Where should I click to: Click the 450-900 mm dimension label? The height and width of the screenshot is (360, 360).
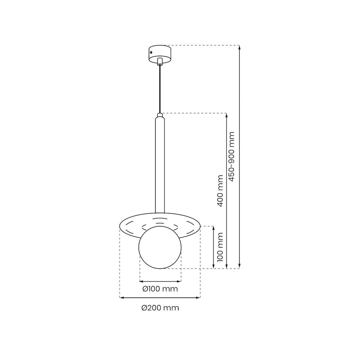pyautogui.click(x=232, y=157)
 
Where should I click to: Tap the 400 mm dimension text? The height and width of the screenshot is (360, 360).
pyautogui.click(x=220, y=191)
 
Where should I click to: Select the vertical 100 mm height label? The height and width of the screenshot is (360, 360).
pyautogui.click(x=220, y=247)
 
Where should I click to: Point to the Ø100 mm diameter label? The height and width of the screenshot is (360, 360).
pyautogui.click(x=160, y=289)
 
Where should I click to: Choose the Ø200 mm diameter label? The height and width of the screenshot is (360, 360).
pyautogui.click(x=160, y=308)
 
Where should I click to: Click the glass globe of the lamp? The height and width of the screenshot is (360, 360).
pyautogui.click(x=160, y=247)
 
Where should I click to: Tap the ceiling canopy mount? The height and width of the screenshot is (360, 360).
pyautogui.click(x=160, y=54)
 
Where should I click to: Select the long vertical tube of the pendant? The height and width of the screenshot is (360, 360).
pyautogui.click(x=160, y=165)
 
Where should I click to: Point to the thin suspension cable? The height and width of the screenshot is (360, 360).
pyautogui.click(x=160, y=90)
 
